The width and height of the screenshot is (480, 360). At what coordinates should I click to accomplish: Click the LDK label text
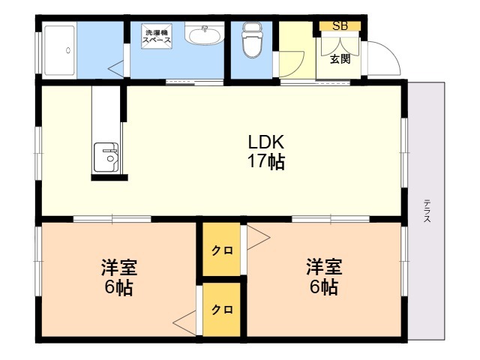[x=266, y=142]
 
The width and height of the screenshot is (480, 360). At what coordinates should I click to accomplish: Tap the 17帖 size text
[x=266, y=161]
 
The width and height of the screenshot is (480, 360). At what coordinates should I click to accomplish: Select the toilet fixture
[x=252, y=40]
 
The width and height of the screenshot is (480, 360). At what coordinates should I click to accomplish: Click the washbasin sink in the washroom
[x=205, y=34]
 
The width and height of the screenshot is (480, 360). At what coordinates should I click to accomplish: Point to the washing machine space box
[x=157, y=36]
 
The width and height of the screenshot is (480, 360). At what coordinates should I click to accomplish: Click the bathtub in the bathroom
[x=59, y=50]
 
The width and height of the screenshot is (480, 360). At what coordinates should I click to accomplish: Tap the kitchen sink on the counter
[x=106, y=157]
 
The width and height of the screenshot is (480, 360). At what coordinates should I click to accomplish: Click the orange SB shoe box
[x=340, y=26]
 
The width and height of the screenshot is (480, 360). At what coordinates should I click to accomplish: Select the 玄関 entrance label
[x=340, y=58]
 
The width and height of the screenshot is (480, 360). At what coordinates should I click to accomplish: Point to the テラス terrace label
[x=427, y=211]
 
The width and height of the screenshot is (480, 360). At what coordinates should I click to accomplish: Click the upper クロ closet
[x=222, y=249]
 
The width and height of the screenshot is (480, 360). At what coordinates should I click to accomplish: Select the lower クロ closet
[x=222, y=309]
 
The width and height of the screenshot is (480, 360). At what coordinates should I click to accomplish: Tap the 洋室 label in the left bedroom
[x=119, y=267]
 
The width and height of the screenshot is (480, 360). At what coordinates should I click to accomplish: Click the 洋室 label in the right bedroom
[x=324, y=267]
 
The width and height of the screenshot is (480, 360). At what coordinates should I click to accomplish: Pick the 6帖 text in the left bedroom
[x=118, y=287]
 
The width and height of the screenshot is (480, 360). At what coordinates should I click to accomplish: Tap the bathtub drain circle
[x=68, y=50]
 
